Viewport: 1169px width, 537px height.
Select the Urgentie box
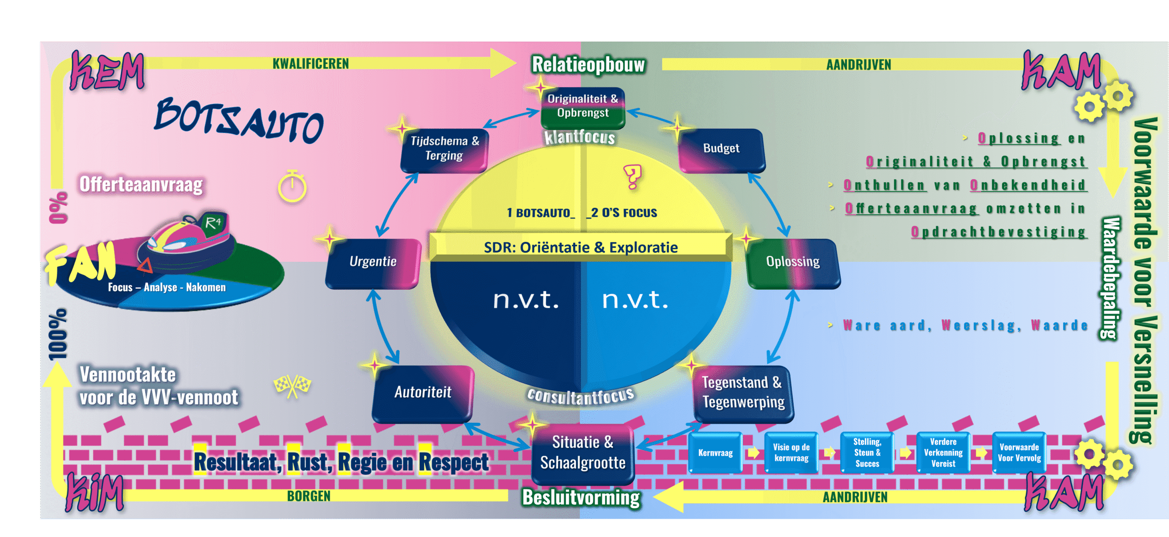[x=373, y=262]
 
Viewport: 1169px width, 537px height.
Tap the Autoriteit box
[x=423, y=393]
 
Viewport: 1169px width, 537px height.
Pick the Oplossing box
[x=793, y=262]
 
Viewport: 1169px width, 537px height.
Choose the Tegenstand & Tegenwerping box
[x=743, y=393]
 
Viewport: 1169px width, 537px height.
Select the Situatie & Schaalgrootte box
[x=583, y=453]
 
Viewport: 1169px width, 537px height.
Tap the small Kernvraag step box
[x=715, y=453]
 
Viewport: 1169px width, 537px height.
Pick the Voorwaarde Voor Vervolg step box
[x=1019, y=453]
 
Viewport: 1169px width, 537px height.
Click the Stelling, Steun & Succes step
[x=867, y=453]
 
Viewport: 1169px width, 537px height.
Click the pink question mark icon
[x=632, y=176]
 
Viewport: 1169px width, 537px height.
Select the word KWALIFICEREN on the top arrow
[x=311, y=64]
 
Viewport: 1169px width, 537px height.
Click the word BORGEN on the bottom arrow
[x=309, y=496]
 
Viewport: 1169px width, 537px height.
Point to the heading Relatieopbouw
[x=588, y=65]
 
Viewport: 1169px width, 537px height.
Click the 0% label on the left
[x=58, y=208]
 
